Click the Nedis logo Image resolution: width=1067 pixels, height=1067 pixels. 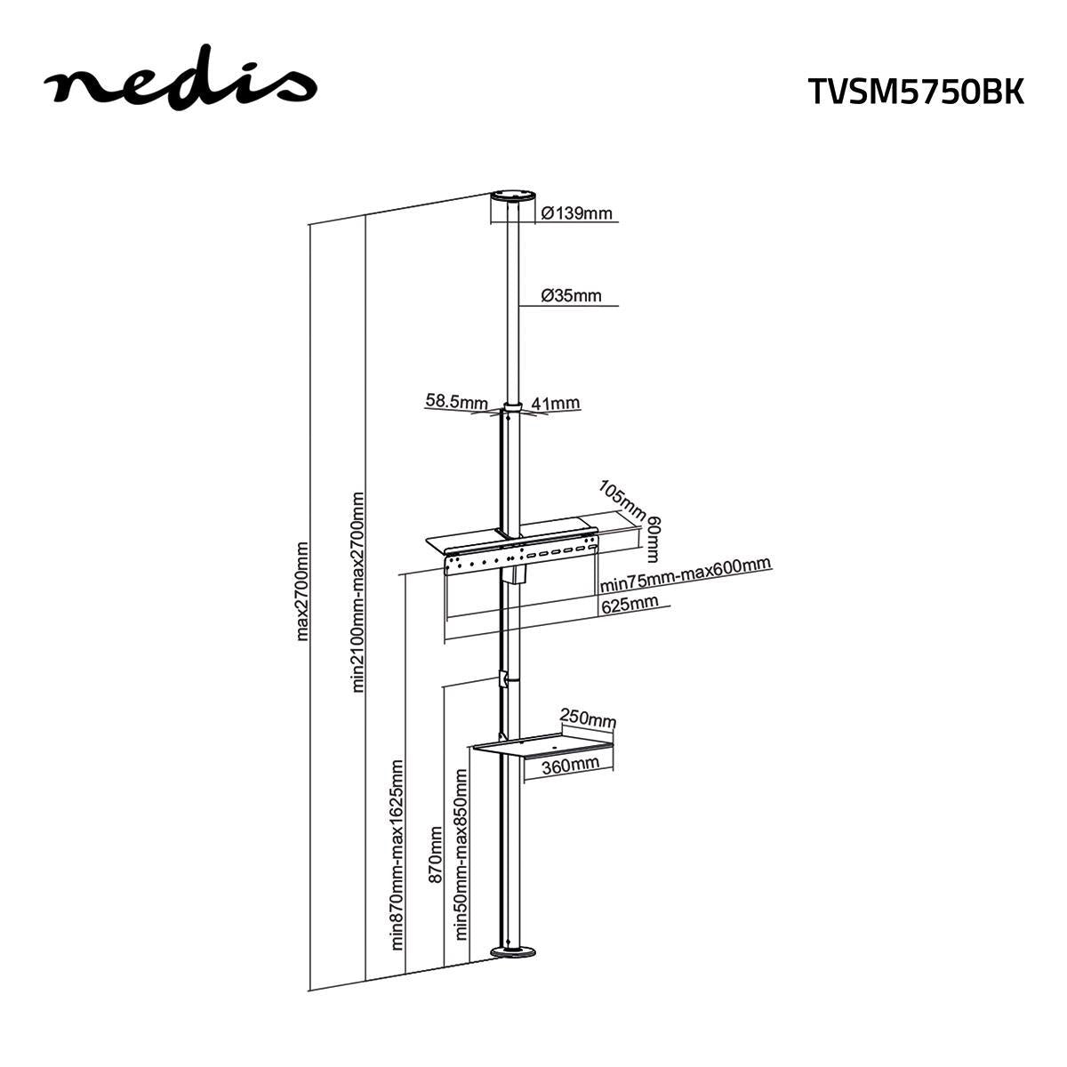point(180,84)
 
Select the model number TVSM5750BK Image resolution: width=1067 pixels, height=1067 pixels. point(916,91)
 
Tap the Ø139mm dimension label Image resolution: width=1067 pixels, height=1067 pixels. point(577,213)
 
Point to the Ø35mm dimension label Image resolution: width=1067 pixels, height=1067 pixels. point(572,295)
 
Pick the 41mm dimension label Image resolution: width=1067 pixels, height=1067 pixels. point(555,403)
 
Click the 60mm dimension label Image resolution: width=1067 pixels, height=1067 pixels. point(654,538)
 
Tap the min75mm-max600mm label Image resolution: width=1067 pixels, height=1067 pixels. point(685,575)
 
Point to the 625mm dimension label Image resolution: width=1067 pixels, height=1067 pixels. point(630,605)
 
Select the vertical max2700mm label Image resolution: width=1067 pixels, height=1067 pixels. point(302,591)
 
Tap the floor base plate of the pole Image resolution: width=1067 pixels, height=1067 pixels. point(513,953)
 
